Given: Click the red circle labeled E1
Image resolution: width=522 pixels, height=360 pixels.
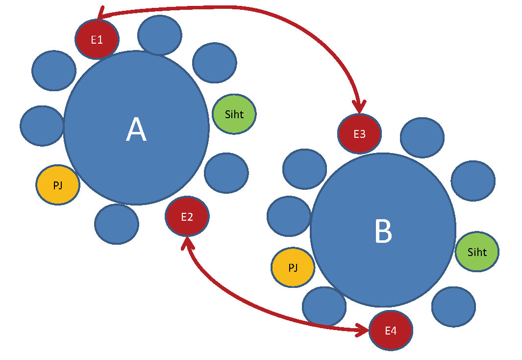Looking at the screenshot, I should click(x=97, y=39).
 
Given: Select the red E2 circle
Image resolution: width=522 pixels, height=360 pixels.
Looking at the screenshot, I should click(x=187, y=217).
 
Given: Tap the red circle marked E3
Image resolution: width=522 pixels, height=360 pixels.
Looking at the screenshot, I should click(x=359, y=133).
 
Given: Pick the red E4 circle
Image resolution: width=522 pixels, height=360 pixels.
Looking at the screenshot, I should click(x=391, y=331).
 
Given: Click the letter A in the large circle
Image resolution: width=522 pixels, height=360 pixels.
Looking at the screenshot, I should click(x=136, y=130).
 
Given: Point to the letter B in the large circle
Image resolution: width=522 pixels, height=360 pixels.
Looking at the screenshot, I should click(x=383, y=231).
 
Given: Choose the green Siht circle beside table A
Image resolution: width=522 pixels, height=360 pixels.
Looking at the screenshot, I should click(x=234, y=114).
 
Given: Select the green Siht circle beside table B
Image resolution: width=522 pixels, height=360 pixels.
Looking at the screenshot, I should click(x=477, y=252).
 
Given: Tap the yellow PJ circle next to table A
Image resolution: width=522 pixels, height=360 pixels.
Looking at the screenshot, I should click(x=58, y=185).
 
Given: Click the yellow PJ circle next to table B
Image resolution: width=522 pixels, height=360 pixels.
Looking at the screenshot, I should click(x=293, y=267).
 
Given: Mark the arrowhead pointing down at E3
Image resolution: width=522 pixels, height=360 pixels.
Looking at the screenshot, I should click(x=360, y=107).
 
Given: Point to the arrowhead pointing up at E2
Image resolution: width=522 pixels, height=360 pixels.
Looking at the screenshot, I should click(x=187, y=242).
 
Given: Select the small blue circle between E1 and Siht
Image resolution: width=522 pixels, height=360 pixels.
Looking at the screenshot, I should click(x=215, y=63).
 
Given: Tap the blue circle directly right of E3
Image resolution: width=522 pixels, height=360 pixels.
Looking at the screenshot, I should click(x=422, y=137).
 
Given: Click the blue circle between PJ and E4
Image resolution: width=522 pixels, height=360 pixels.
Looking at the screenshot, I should click(x=324, y=306).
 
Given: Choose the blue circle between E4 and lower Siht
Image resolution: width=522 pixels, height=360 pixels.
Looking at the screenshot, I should click(x=453, y=307).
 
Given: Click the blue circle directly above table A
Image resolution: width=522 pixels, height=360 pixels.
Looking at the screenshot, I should click(x=160, y=35).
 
